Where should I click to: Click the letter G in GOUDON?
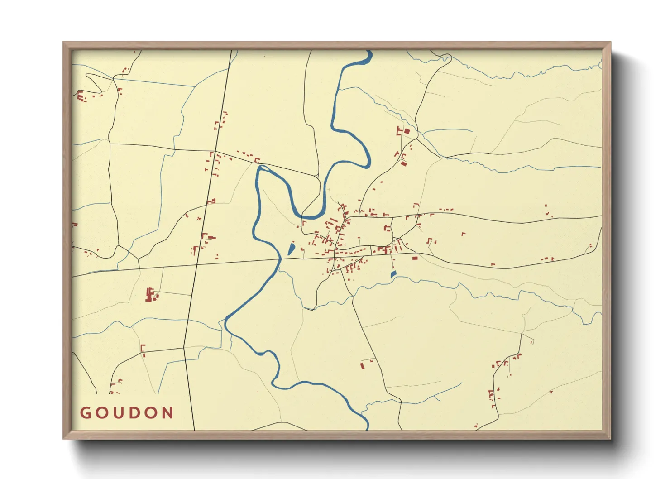[x=85, y=413]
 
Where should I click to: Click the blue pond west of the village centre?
[x=291, y=249]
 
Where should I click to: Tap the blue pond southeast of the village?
[x=393, y=274]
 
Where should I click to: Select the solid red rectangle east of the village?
[x=415, y=258]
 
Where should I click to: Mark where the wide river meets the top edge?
[x=370, y=52]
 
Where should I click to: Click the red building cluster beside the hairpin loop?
[x=82, y=96]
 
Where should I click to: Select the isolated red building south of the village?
[x=362, y=365]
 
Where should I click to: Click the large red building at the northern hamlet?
[x=407, y=131]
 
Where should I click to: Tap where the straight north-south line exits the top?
[x=231, y=51]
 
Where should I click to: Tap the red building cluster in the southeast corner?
[x=493, y=396]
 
